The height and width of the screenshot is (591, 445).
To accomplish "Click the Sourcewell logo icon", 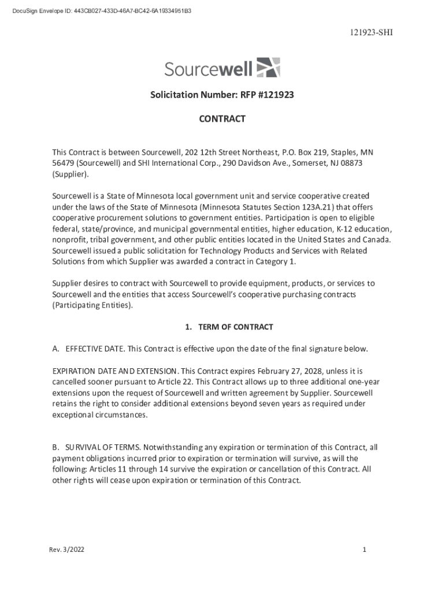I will (268, 68).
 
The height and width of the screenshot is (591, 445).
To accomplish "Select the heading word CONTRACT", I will (222, 119).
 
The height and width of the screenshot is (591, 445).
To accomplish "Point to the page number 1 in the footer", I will (365, 550).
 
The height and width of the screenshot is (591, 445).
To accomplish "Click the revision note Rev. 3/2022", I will (66, 550).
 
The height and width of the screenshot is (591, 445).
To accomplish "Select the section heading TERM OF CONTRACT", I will (235, 327).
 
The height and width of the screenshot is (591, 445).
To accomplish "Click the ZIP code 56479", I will (62, 163).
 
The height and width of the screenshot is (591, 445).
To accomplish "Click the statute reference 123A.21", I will (313, 207).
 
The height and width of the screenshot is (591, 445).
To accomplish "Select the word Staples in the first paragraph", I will (343, 152).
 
